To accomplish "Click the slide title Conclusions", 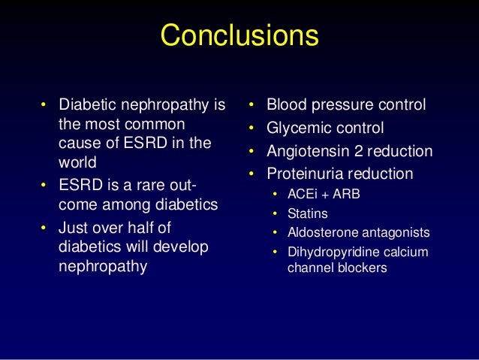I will click(239, 35).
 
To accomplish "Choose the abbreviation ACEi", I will click(303, 195).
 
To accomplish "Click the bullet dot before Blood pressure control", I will click(253, 104).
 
